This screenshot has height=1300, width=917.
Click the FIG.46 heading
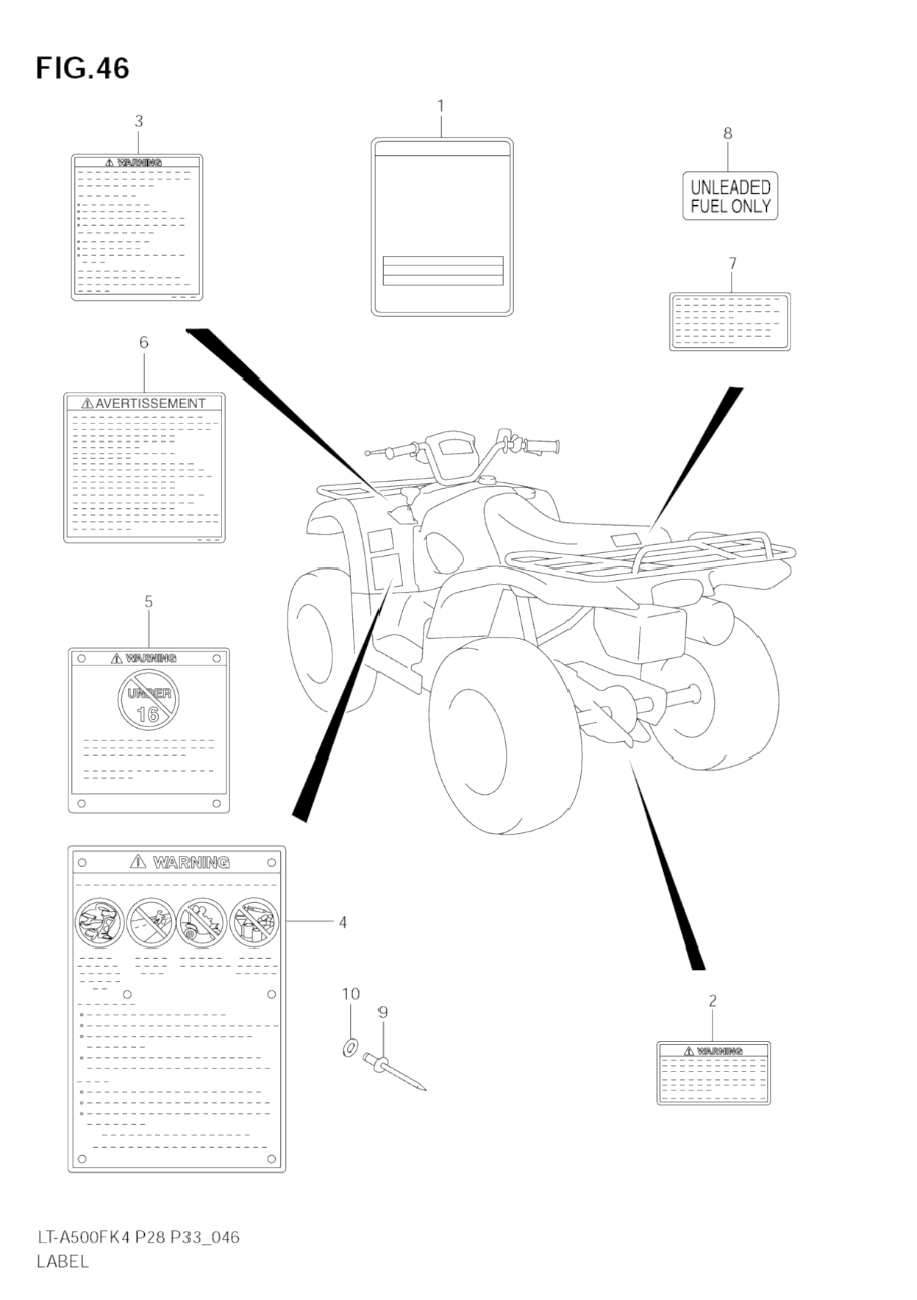pyautogui.click(x=82, y=68)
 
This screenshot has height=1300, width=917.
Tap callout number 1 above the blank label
pyautogui.click(x=440, y=107)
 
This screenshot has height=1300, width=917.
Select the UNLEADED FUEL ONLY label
pyautogui.click(x=729, y=196)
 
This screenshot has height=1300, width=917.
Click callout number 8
pyautogui.click(x=727, y=133)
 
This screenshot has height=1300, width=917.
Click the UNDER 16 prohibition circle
pyautogui.click(x=149, y=701)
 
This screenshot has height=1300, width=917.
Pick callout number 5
pyautogui.click(x=149, y=602)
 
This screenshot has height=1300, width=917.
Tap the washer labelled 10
pyautogui.click(x=350, y=1047)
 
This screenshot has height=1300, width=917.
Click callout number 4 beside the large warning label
pyautogui.click(x=343, y=922)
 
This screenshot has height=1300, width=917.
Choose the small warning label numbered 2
pyautogui.click(x=713, y=1073)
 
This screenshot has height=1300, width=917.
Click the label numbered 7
pyautogui.click(x=729, y=322)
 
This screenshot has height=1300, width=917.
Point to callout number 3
pyautogui.click(x=139, y=122)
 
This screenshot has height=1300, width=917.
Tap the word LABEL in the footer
pyautogui.click(x=63, y=1262)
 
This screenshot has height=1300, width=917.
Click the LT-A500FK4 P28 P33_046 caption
pyautogui.click(x=138, y=1237)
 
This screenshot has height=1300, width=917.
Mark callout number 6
pyautogui.click(x=143, y=343)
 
